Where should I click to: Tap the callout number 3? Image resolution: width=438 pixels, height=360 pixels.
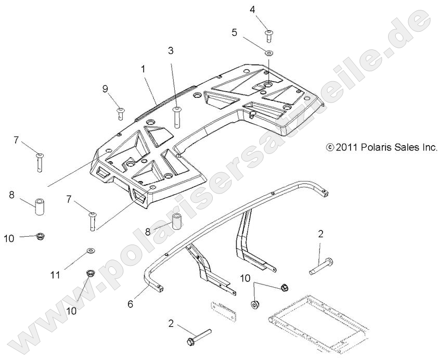click(x=170, y=50)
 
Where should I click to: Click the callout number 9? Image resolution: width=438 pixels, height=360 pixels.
click(x=105, y=89)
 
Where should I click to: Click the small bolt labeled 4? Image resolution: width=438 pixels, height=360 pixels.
click(x=269, y=35)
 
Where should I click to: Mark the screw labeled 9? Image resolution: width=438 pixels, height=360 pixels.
click(x=121, y=112)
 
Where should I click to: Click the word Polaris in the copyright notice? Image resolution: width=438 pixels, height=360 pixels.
click(x=377, y=148)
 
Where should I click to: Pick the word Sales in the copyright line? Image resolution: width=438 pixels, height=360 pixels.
click(x=408, y=148)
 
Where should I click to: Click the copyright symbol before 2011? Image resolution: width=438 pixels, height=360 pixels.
click(x=329, y=148)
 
